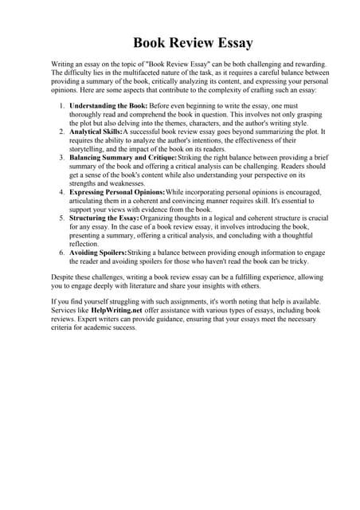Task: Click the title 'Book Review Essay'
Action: tap(180, 43)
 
